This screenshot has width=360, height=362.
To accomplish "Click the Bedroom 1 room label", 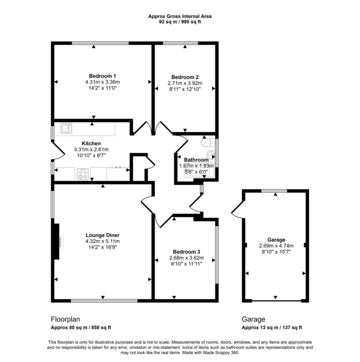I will tap(102, 76).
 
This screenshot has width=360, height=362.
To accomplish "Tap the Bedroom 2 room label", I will tap(185, 77).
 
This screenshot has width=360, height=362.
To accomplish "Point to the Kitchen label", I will tap(91, 143).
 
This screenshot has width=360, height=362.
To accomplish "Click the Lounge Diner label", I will tap(102, 235).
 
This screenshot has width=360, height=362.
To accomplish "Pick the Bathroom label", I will tap(196, 160).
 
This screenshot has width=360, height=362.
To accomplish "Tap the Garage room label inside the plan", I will tap(276, 239).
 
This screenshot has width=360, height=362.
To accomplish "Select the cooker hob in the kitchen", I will tap(83, 174).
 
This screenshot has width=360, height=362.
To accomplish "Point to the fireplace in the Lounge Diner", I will tap(57, 241).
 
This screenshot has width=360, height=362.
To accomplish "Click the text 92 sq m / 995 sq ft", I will tap(180, 22).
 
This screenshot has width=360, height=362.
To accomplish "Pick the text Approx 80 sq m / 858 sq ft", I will tap(81, 327).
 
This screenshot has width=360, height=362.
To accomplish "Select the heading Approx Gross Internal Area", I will tap(180, 16).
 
